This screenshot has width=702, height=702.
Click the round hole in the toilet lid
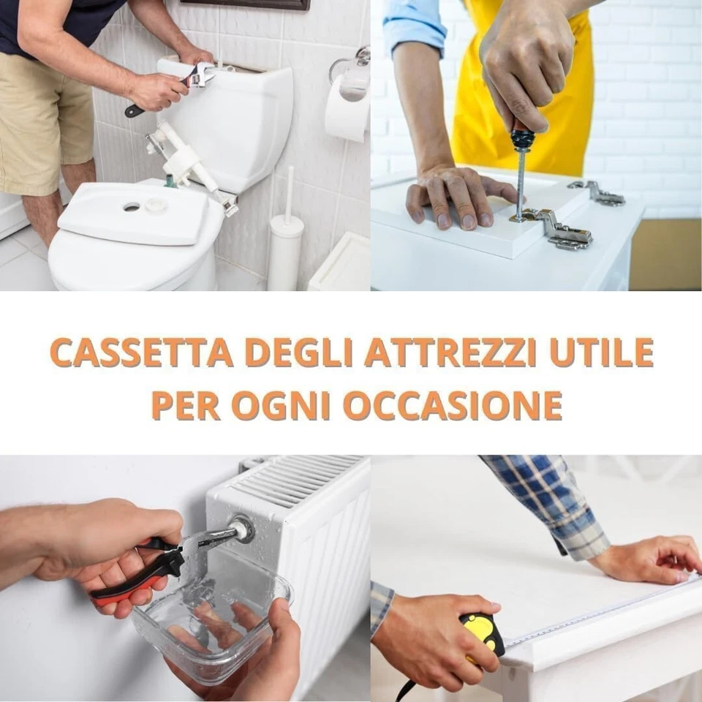[x=132, y=207]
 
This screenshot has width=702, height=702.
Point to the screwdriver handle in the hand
[x=521, y=137]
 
